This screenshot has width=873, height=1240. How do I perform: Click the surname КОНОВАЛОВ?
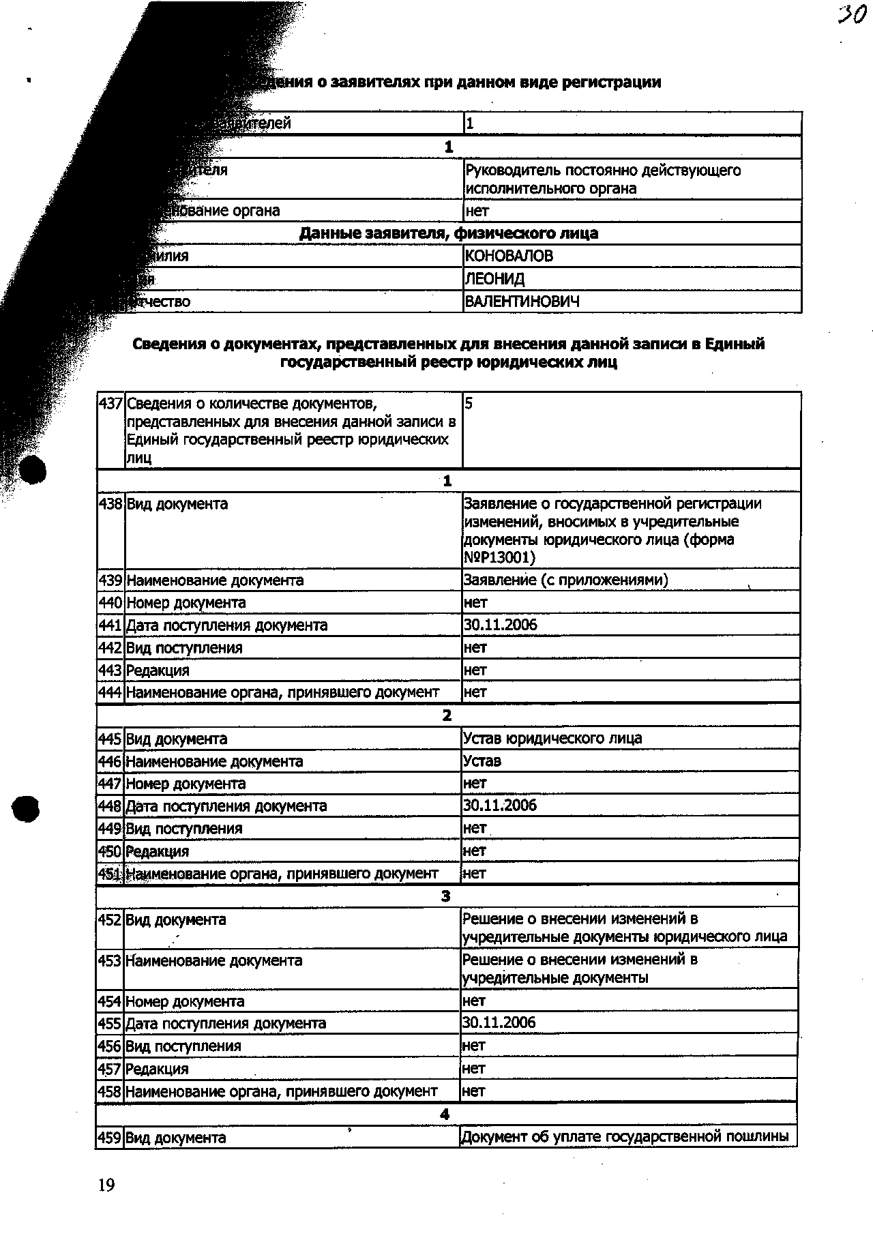[509, 256]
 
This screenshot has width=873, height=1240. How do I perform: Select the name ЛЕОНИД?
[494, 279]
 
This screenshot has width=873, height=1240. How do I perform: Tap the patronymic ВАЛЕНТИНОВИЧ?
[522, 301]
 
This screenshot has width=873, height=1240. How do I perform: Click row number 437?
[110, 404]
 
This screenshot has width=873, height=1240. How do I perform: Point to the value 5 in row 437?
[469, 404]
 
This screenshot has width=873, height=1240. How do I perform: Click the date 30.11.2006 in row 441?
[501, 625]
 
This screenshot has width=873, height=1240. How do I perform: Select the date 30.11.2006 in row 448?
[500, 806]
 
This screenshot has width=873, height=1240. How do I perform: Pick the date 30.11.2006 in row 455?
[499, 1023]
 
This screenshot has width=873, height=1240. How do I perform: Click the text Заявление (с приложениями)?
[565, 580]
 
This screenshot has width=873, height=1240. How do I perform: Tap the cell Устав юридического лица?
[552, 739]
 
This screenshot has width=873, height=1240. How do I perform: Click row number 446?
[110, 761]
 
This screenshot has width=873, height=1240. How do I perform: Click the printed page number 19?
[106, 1185]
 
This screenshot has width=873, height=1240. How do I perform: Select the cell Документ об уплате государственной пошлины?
[625, 1137]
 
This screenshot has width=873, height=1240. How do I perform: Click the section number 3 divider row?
[446, 896]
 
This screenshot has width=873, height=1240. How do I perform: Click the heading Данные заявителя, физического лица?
[449, 233]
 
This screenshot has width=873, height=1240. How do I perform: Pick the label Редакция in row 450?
[158, 851]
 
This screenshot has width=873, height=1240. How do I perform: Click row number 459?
[109, 1138]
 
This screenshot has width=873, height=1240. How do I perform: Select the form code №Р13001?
[499, 558]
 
